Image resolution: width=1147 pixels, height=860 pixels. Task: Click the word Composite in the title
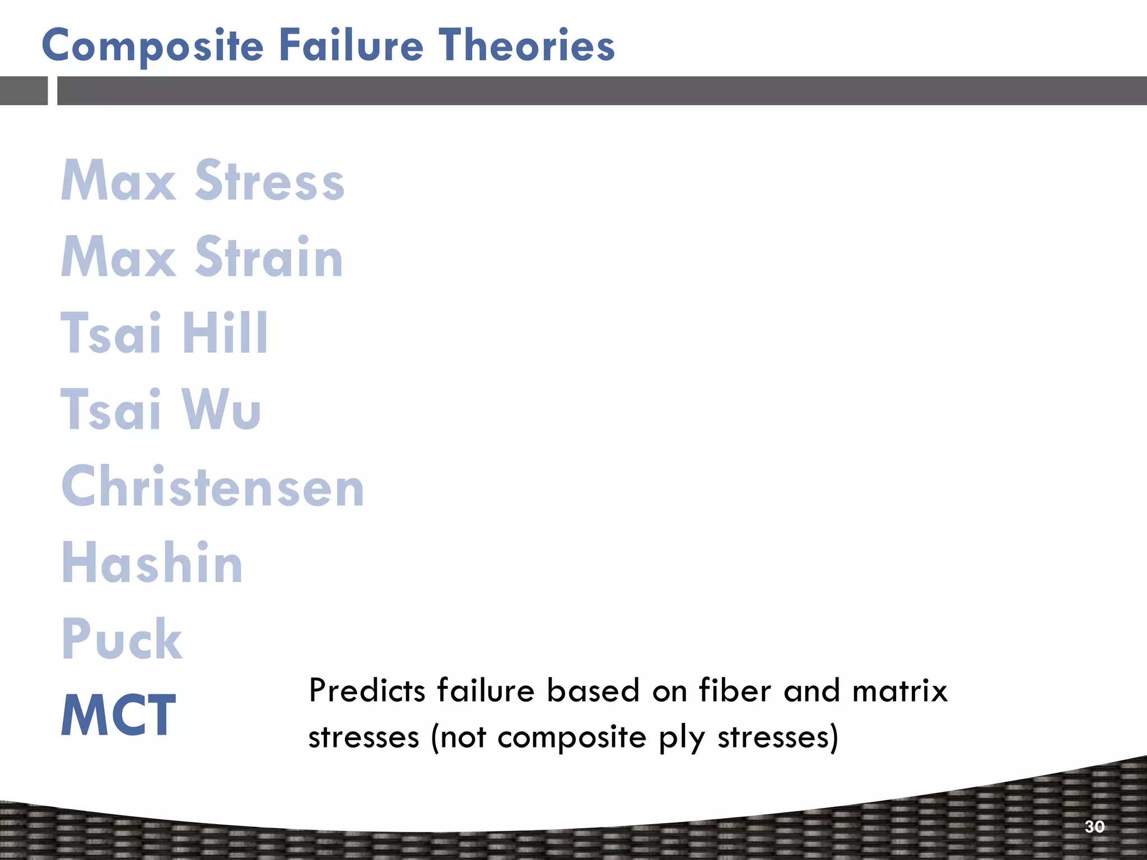coord(152,46)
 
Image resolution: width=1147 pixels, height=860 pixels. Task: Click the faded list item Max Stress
coord(202,180)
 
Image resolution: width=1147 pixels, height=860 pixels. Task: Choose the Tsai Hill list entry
coord(164,333)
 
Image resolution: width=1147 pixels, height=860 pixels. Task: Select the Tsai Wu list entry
coord(161,409)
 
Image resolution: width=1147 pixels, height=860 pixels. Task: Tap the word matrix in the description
coord(899,690)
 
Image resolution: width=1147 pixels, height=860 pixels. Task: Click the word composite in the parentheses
coord(572,737)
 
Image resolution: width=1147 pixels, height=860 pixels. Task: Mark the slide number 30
coord(1094,826)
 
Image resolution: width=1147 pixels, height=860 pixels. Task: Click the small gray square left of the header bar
coord(24,91)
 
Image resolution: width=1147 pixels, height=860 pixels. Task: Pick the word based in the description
coord(593,690)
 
